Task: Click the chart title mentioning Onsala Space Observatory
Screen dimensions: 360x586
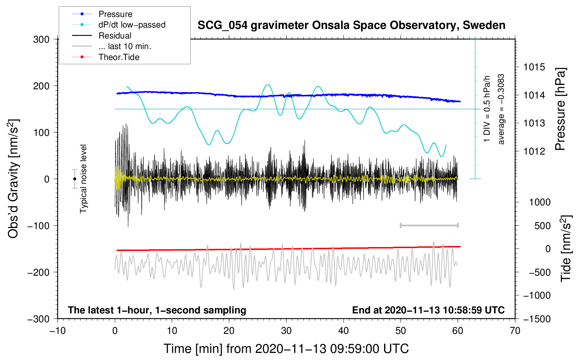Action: click(351, 25)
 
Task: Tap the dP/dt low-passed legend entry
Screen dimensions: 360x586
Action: click(132, 25)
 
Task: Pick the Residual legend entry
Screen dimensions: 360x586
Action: click(115, 36)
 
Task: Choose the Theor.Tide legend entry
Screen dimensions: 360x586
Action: click(119, 57)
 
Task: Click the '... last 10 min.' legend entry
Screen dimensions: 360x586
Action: click(125, 46)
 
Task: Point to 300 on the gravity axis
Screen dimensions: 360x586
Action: click(41, 40)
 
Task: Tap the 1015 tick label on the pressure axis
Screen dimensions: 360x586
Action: click(534, 67)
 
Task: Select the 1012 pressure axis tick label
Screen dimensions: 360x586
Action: click(534, 151)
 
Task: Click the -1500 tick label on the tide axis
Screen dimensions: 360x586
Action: click(537, 319)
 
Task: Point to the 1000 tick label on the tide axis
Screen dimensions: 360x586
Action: click(539, 202)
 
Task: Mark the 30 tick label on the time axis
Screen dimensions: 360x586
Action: click(286, 331)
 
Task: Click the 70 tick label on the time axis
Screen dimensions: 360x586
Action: click(515, 331)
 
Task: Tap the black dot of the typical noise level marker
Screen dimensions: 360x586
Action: click(74, 179)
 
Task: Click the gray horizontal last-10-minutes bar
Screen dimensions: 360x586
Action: click(429, 225)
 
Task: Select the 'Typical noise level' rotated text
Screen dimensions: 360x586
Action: click(83, 179)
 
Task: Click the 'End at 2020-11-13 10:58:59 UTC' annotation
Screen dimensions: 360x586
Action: click(428, 310)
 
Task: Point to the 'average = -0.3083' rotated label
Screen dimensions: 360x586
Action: click(501, 109)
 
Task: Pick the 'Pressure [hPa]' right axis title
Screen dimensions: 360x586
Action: click(560, 109)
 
